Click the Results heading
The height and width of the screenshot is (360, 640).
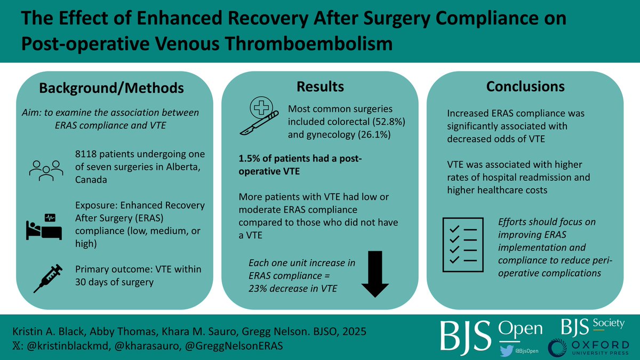(320, 87)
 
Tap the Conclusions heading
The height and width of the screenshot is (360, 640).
(525, 86)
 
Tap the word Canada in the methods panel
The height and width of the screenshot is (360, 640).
(91, 180)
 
